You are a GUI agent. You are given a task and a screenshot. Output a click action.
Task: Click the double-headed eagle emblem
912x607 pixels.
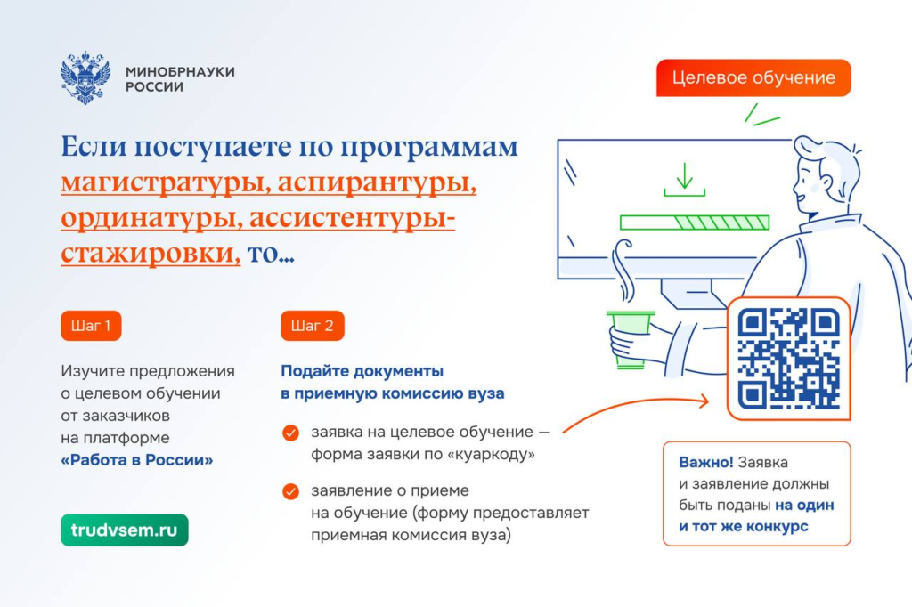(85, 77)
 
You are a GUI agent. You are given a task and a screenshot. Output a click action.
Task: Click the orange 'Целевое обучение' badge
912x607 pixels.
(753, 77)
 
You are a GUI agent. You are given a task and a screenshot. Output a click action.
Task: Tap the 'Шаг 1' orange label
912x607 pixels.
(91, 326)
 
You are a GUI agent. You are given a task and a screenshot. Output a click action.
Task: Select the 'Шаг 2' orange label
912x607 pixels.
(313, 326)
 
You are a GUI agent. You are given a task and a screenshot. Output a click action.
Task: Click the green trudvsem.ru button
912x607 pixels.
(125, 530)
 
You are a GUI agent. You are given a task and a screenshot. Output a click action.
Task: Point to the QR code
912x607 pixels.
(789, 358)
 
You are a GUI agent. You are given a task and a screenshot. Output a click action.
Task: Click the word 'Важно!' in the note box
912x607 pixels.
(705, 462)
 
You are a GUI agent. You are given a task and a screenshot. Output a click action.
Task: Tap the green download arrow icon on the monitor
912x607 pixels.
(685, 180)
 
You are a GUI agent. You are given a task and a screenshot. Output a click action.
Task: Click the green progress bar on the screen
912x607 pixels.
(695, 223)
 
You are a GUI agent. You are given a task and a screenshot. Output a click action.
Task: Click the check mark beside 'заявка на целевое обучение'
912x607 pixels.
(290, 433)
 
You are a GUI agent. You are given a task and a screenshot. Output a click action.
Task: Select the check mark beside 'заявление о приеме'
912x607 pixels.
(290, 491)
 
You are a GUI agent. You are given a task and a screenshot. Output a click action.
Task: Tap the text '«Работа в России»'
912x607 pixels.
(136, 460)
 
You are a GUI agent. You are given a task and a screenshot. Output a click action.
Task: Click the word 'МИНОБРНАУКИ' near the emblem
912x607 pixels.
(180, 71)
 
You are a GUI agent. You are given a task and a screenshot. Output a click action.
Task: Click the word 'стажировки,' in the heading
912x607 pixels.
(151, 254)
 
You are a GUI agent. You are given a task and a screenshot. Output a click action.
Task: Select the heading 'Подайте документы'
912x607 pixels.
(362, 371)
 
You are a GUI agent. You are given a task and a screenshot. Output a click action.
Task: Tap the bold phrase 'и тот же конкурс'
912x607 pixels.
(744, 526)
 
